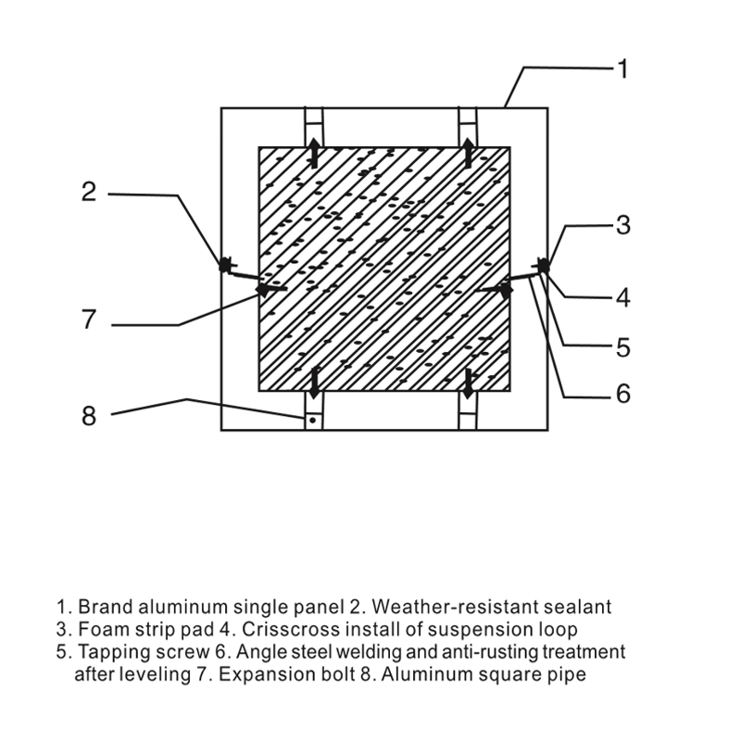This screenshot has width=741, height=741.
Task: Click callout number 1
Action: (x=623, y=69)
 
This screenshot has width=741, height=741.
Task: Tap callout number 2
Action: (x=89, y=192)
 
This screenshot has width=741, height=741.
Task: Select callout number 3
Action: (x=623, y=225)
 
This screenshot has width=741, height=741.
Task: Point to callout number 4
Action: (x=623, y=297)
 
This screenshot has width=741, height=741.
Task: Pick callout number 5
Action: (x=623, y=347)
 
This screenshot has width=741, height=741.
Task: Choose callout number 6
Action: (x=623, y=393)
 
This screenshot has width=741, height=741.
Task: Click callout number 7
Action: (x=89, y=320)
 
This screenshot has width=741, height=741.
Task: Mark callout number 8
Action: (x=89, y=416)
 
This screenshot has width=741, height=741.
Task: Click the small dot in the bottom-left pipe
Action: (x=312, y=420)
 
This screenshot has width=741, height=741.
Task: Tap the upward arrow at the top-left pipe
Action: (x=314, y=153)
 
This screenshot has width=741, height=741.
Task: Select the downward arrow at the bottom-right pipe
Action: (x=469, y=383)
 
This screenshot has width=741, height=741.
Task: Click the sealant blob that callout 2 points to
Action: (x=224, y=265)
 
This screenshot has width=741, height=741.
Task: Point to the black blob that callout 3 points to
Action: (x=545, y=266)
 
